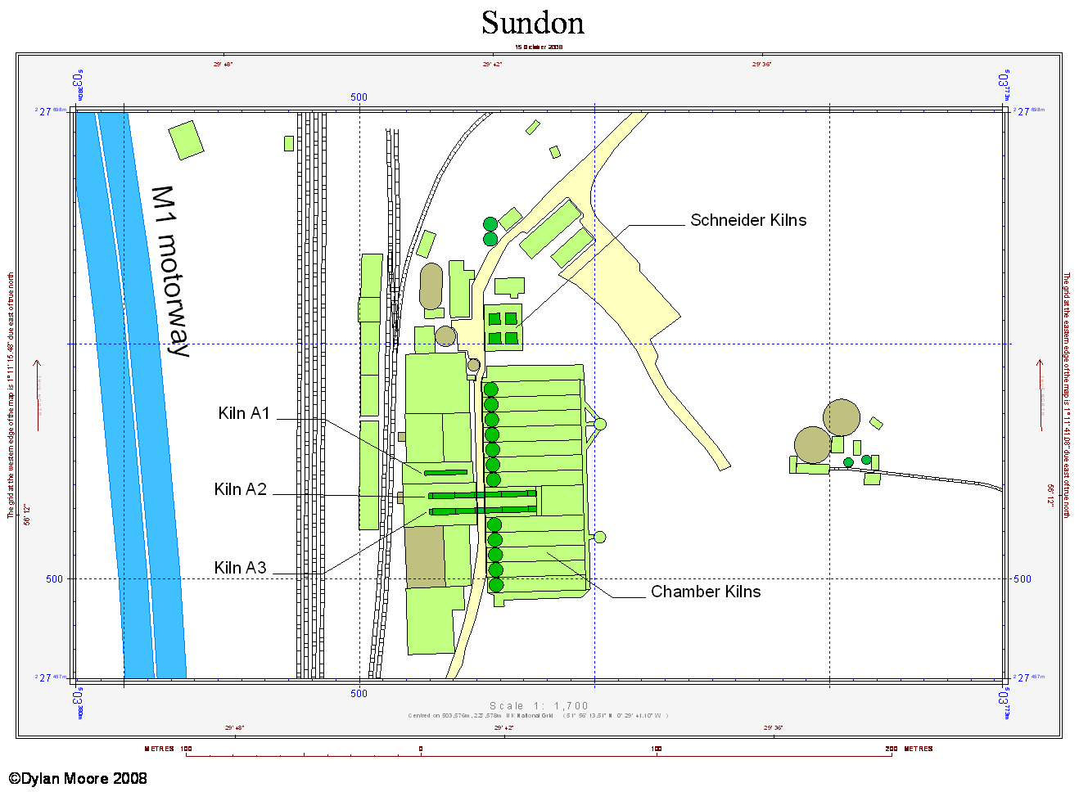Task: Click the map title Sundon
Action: tap(533, 23)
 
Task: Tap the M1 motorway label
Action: tap(172, 271)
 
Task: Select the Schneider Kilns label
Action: tap(747, 220)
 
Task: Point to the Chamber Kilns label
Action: tap(705, 592)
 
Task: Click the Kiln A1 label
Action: tap(244, 413)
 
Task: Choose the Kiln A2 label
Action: tap(241, 489)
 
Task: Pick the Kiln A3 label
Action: tap(241, 568)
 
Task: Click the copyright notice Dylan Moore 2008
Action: tap(79, 778)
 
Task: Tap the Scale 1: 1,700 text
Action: tap(539, 705)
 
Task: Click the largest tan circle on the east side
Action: tap(842, 417)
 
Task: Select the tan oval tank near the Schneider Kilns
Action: tap(431, 286)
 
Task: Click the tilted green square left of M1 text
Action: tap(186, 140)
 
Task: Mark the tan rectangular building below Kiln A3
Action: tap(425, 556)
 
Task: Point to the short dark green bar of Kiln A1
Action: tap(445, 472)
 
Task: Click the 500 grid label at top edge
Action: tap(359, 97)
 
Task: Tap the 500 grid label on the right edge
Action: tap(1023, 578)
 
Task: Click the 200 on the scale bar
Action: tap(891, 749)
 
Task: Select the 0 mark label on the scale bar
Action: tap(421, 749)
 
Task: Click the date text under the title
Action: tap(539, 47)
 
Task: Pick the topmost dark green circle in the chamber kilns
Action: tap(490, 389)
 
